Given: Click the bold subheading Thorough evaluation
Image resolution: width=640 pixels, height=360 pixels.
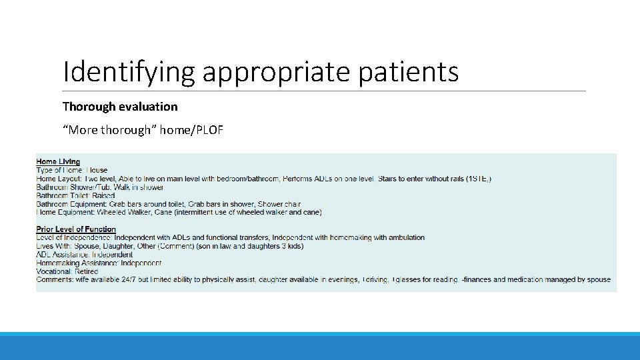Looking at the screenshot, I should click(120, 107).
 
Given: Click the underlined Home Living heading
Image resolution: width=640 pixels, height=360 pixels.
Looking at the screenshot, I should click(58, 161).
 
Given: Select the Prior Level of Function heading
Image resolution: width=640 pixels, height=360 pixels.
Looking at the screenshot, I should click(76, 229).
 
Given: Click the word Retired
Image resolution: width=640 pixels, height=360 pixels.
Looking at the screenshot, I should click(87, 271).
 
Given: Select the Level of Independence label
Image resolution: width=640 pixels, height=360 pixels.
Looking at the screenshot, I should click(73, 238).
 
